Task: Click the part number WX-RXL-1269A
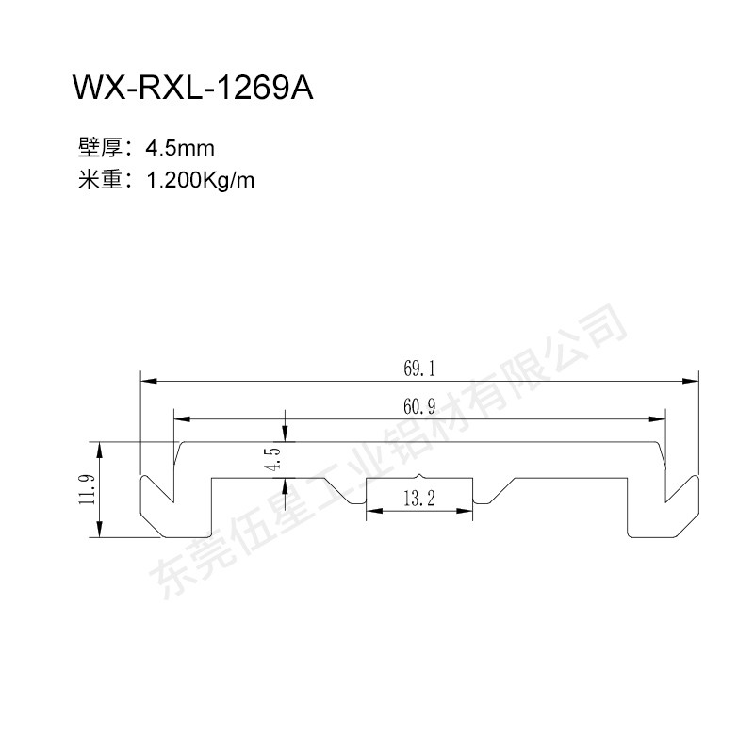193,88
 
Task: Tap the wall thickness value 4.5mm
180,148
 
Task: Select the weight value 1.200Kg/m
200,181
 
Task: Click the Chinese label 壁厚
100,148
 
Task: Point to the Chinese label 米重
100,180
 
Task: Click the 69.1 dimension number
419,369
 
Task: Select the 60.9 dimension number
419,407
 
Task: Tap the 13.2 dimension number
419,499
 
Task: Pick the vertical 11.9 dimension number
88,489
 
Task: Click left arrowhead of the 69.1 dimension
149,382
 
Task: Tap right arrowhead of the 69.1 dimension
691,382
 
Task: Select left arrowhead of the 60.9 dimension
182,419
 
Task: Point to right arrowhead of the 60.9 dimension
657,419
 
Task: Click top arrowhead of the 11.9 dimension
100,451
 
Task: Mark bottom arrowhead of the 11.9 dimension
100,529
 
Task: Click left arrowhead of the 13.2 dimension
374,511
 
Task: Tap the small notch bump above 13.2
419,476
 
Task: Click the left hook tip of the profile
173,501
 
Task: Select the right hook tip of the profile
666,501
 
